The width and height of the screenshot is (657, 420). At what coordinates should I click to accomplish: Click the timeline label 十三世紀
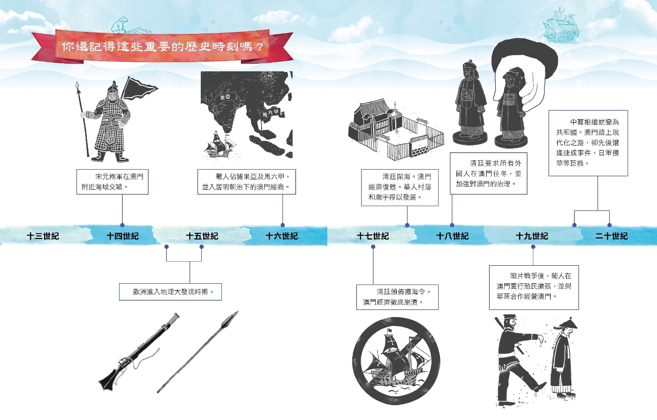pos(43,236)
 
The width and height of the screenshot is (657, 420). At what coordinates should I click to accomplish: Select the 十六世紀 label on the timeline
pos(282,236)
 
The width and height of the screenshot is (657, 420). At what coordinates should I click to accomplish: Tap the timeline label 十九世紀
pos(532,236)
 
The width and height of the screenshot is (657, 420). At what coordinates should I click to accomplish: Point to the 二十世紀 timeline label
pos(612,236)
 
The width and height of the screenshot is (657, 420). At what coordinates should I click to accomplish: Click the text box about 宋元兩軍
pos(112,182)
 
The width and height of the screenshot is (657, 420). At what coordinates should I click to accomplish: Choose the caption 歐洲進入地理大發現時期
pos(170,291)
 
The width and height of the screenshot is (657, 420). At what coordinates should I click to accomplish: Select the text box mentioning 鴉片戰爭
pos(534,287)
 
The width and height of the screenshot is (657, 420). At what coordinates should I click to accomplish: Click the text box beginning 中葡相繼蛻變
pos(588,143)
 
